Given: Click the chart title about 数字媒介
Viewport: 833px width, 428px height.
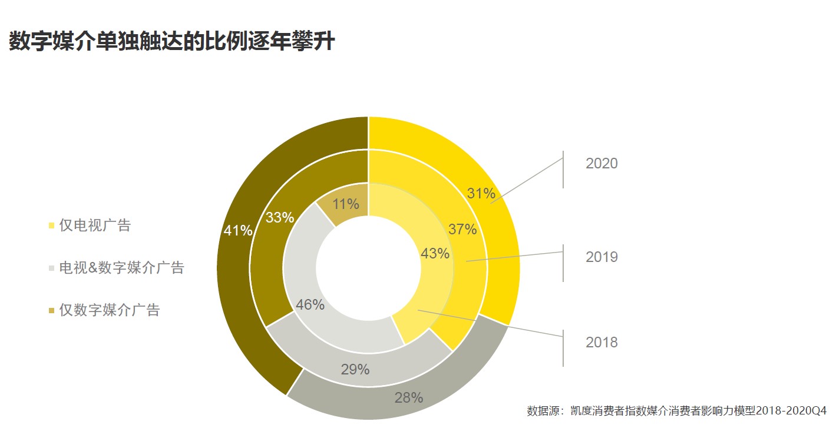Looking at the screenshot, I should point(171,42).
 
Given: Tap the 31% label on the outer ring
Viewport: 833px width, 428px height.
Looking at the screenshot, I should point(481,193).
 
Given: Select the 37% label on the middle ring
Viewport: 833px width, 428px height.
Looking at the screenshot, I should point(462,230).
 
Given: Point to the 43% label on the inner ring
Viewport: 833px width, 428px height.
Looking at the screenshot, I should point(435,254).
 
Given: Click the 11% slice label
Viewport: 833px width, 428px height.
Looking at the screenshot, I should point(346,204).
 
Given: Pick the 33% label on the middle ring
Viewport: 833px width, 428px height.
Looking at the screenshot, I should point(279,217).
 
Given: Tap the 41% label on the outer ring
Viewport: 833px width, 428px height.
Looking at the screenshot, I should point(238,231).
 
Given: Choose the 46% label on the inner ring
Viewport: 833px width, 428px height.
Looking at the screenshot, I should point(310,305).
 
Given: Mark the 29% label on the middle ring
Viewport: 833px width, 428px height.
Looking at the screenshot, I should point(355,370).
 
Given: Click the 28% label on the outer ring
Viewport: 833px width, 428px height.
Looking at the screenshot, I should point(409,397).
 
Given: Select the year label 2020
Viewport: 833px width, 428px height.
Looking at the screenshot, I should point(601,164).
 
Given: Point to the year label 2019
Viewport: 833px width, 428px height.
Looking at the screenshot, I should point(601,257).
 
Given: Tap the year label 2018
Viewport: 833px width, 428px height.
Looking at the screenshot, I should point(601,343).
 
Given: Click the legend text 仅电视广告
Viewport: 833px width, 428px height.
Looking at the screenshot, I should point(95,225).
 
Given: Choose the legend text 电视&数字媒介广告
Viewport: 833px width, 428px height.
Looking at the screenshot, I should point(122,268).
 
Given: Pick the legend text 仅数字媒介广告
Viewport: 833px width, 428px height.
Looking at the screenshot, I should point(110,310).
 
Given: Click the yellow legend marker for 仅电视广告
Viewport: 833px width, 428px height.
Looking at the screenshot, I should point(52,226).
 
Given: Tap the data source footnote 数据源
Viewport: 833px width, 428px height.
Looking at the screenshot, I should point(676,410).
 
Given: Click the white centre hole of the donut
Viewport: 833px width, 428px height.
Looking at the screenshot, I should point(369,268).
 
